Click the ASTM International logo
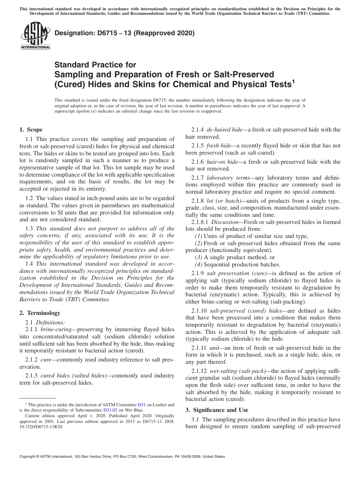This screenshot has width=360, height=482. tap(35, 36)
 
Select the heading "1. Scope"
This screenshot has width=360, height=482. tap(31, 130)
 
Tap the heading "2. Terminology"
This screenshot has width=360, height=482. tap(39, 313)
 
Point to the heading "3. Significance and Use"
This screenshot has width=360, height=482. tap(217, 410)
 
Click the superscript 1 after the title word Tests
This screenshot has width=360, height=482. tap(293, 81)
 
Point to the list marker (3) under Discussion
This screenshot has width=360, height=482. tap(197, 257)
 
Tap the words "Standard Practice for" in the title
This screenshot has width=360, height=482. tap(95, 65)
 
